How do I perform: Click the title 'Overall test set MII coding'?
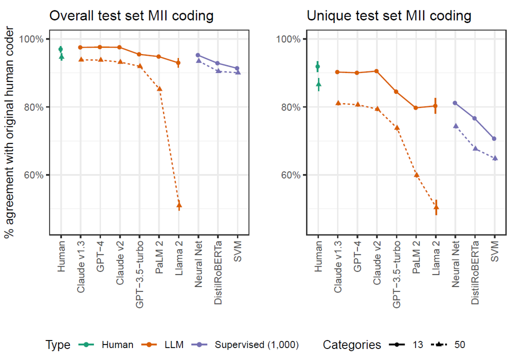click(131, 16)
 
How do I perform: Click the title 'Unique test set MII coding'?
click(388, 16)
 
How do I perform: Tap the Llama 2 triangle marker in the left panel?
click(178, 205)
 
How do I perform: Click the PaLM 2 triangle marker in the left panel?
click(159, 88)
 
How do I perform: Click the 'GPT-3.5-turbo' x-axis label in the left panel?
click(139, 267)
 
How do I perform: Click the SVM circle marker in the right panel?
click(494, 138)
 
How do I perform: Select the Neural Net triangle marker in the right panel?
click(455, 125)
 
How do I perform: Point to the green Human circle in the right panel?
click(317, 66)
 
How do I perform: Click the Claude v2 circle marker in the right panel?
click(376, 71)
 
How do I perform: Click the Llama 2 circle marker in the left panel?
click(178, 62)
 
